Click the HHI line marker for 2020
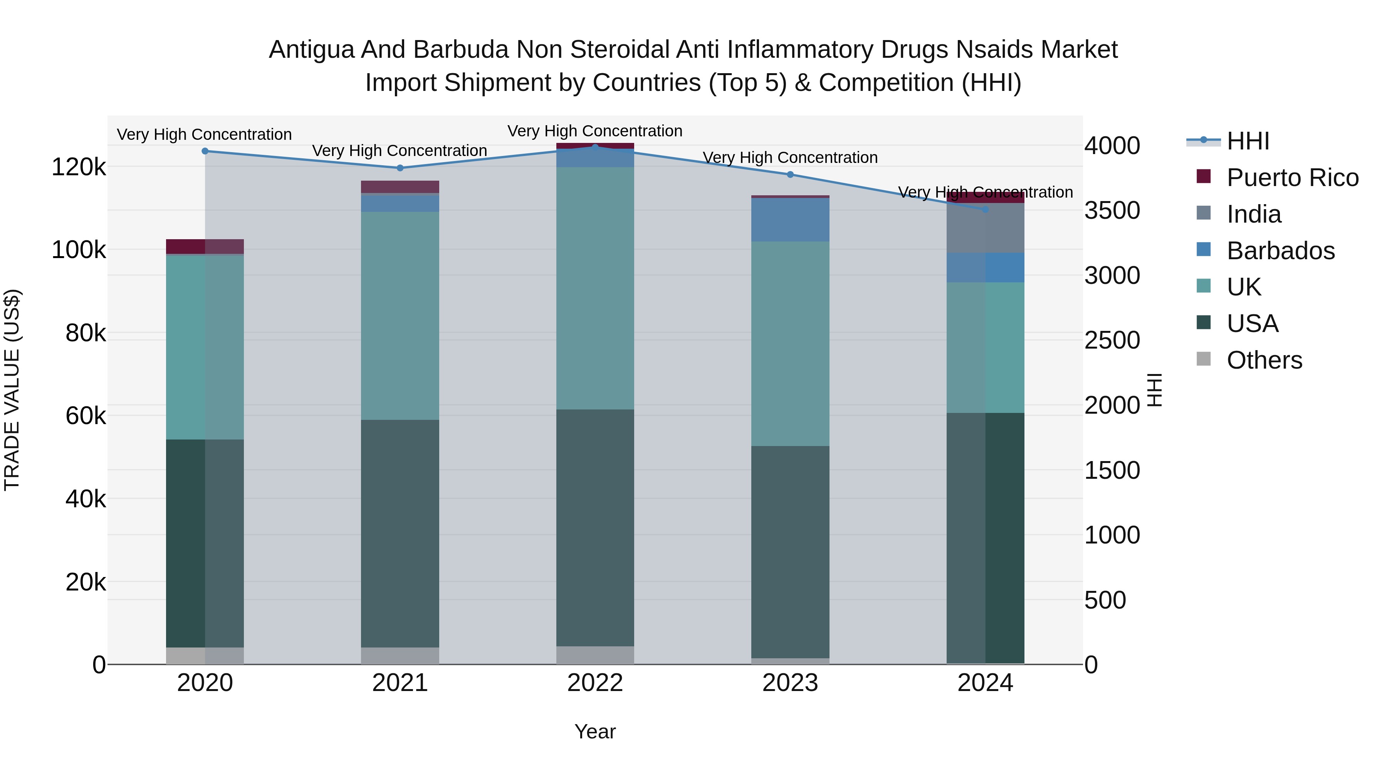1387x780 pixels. pos(205,151)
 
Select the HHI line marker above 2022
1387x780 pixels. pos(595,147)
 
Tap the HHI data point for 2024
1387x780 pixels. pos(985,210)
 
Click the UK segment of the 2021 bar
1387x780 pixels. pos(400,315)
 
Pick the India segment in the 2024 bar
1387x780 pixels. pos(985,228)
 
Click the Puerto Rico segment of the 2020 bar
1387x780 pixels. pos(205,246)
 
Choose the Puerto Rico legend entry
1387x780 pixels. pos(1292,178)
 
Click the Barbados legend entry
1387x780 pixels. pos(1280,251)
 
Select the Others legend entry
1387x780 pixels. pos(1264,360)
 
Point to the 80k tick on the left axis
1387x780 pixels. pos(86,333)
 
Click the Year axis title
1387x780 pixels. pos(595,731)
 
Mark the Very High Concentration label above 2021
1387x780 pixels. pos(400,151)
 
